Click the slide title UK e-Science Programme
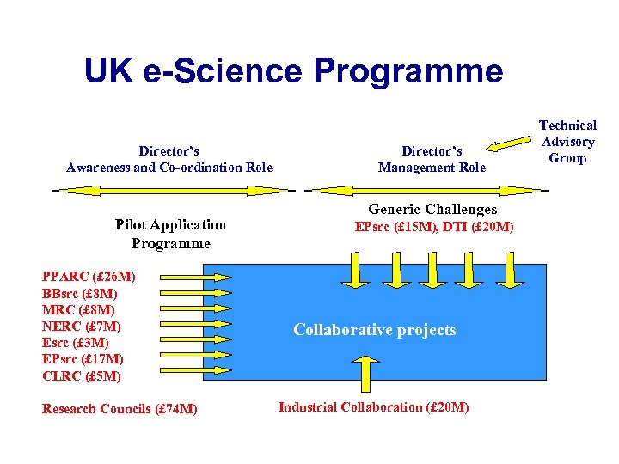(x=293, y=70)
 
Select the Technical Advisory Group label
(x=567, y=142)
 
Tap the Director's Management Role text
(x=432, y=159)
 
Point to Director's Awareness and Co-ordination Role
(x=169, y=159)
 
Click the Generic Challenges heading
(x=432, y=209)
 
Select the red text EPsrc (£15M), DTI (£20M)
(x=435, y=227)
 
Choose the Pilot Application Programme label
(x=170, y=234)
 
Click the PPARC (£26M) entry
(x=88, y=277)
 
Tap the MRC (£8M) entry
(x=78, y=309)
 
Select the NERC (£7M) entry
(x=82, y=327)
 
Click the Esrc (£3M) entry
(x=76, y=342)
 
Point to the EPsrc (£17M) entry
(x=83, y=359)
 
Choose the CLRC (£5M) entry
(x=82, y=375)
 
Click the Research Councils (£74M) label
(x=120, y=409)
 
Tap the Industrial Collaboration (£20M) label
(x=374, y=406)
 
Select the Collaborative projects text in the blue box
(x=375, y=330)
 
